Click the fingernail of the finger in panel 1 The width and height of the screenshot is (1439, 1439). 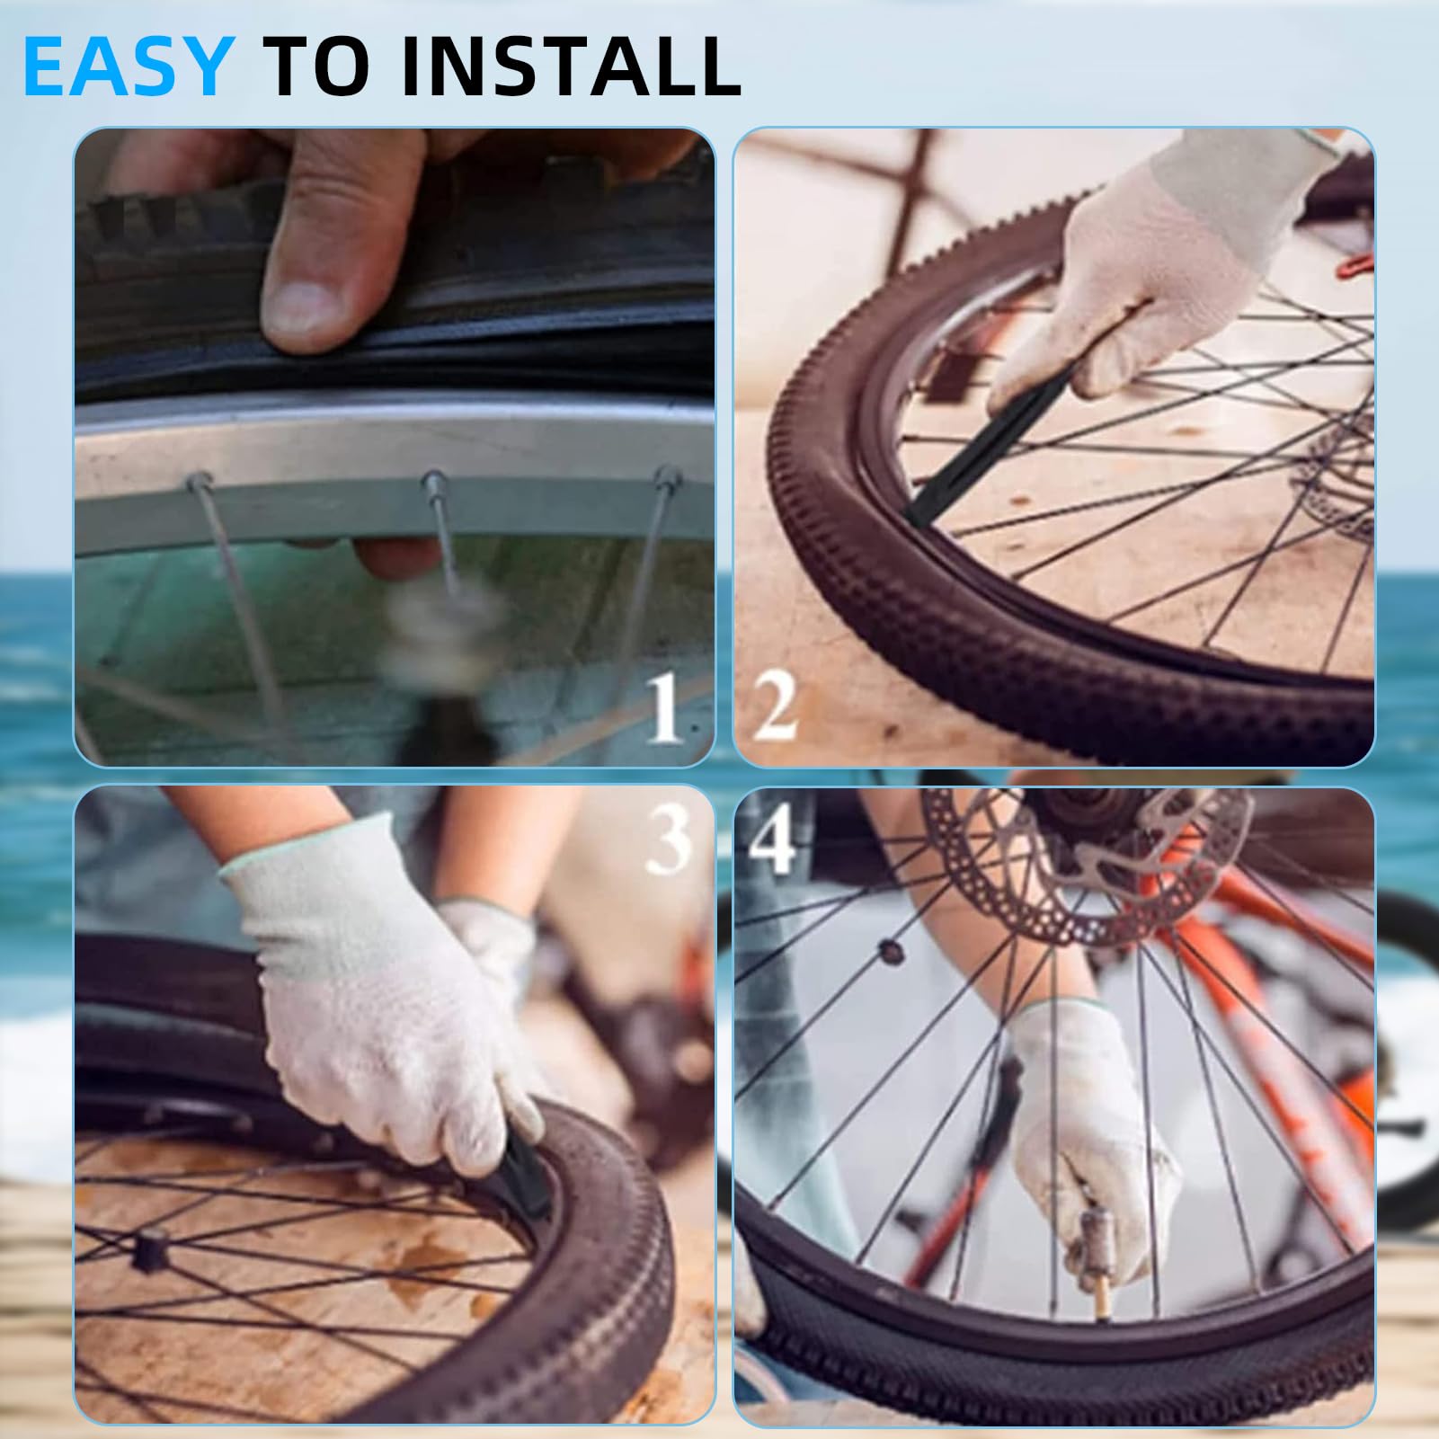point(310,306)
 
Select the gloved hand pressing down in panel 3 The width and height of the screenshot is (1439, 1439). point(386,1007)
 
